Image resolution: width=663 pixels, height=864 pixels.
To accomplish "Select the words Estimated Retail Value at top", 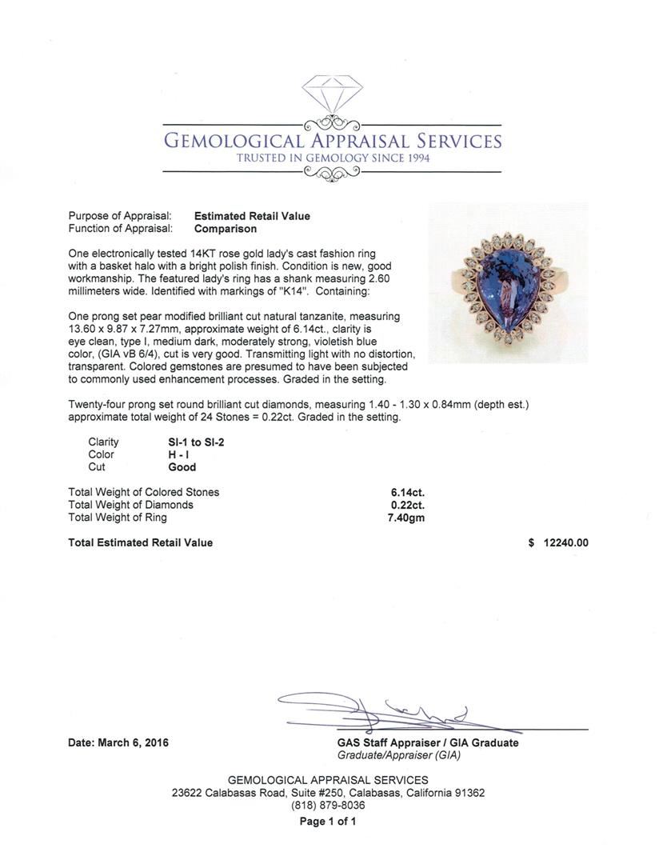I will [252, 216].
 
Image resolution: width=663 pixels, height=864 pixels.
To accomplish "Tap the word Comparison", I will [225, 229].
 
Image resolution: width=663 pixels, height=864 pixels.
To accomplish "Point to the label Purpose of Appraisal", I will [120, 216].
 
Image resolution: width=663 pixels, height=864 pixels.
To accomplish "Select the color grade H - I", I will [179, 454].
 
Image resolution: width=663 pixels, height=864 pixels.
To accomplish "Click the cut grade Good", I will [182, 467].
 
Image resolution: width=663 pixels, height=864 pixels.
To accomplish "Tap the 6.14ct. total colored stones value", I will [407, 493].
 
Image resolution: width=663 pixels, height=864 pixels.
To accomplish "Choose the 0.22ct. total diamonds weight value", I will [407, 506].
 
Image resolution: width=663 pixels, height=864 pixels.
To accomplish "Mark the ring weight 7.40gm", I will [405, 518].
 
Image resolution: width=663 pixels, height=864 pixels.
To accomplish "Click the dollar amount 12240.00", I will [565, 542].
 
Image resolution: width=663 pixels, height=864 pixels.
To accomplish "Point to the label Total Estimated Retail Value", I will [141, 542].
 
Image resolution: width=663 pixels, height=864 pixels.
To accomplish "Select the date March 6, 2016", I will [118, 742].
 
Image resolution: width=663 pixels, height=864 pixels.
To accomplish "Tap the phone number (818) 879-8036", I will [328, 806].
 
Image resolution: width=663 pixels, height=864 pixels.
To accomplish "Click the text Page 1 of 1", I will [328, 822].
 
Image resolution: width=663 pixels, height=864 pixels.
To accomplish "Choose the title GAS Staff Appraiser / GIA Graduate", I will [427, 742].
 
